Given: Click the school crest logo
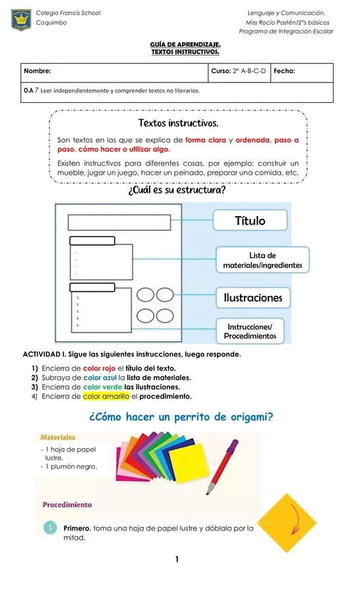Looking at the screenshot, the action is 22,20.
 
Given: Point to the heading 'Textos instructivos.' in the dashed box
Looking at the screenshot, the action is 178,123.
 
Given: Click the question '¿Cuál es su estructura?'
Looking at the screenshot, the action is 177,190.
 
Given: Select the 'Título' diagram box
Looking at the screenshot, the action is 250,221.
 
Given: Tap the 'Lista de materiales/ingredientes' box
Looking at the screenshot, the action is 262,260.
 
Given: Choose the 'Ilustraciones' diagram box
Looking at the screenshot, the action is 253,298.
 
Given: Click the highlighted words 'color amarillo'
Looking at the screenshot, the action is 106,397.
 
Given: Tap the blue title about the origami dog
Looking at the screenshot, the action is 180,417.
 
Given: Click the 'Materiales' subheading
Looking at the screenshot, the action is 58,437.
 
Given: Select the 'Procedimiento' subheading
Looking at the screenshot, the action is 67,505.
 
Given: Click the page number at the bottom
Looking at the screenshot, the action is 177,560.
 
